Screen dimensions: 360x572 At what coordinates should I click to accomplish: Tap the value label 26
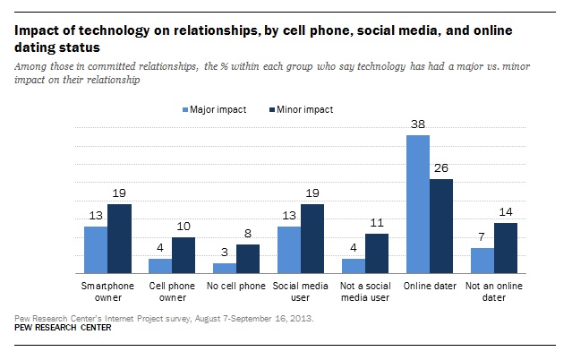click(x=441, y=169)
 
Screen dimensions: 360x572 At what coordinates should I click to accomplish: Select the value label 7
click(x=482, y=238)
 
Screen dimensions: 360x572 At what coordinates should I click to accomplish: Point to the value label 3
click(x=225, y=253)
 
